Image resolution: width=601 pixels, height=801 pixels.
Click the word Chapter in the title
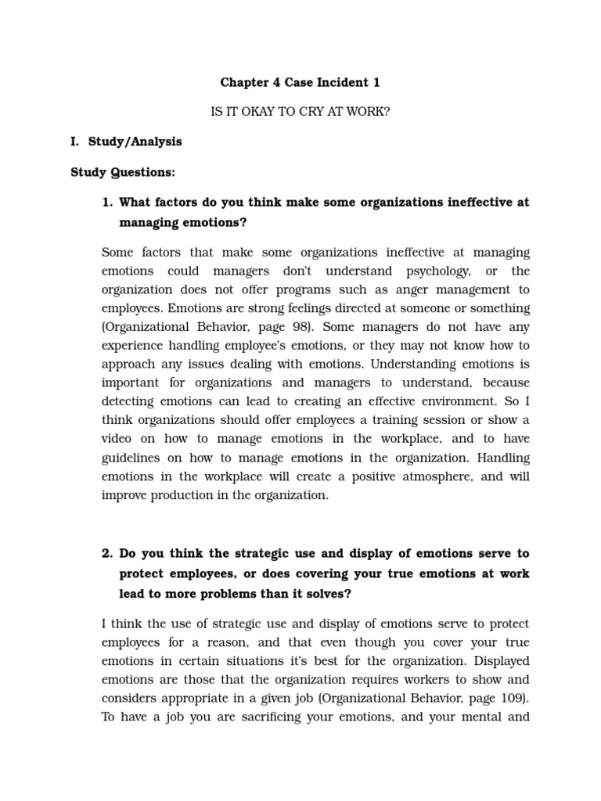[x=244, y=82]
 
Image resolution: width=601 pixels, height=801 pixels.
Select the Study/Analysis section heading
[x=135, y=142]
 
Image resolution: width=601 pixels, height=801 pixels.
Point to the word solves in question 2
[x=327, y=593]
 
